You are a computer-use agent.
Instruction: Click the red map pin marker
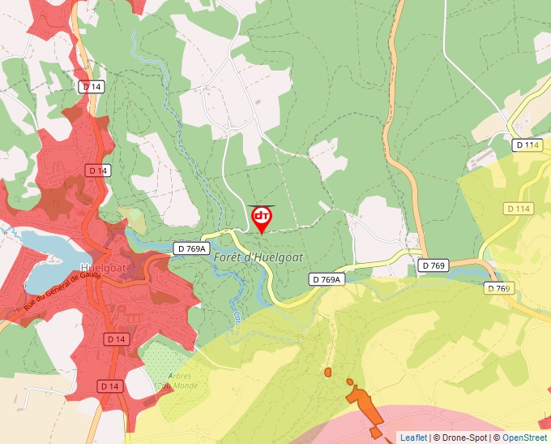262,218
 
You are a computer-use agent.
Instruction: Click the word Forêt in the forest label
230,257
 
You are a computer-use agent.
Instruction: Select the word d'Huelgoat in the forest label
278,257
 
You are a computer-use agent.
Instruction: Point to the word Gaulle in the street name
85,275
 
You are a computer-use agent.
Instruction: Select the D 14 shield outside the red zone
91,86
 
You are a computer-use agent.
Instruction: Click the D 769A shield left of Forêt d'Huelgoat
191,248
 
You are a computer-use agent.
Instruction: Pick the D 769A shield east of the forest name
327,279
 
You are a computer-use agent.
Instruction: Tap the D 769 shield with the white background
434,265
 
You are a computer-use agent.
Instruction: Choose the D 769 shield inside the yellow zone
500,288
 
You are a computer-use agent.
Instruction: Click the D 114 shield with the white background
527,145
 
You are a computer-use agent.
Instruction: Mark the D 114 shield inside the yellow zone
519,209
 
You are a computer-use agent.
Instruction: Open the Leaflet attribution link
413,438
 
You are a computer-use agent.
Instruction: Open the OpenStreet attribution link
524,438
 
